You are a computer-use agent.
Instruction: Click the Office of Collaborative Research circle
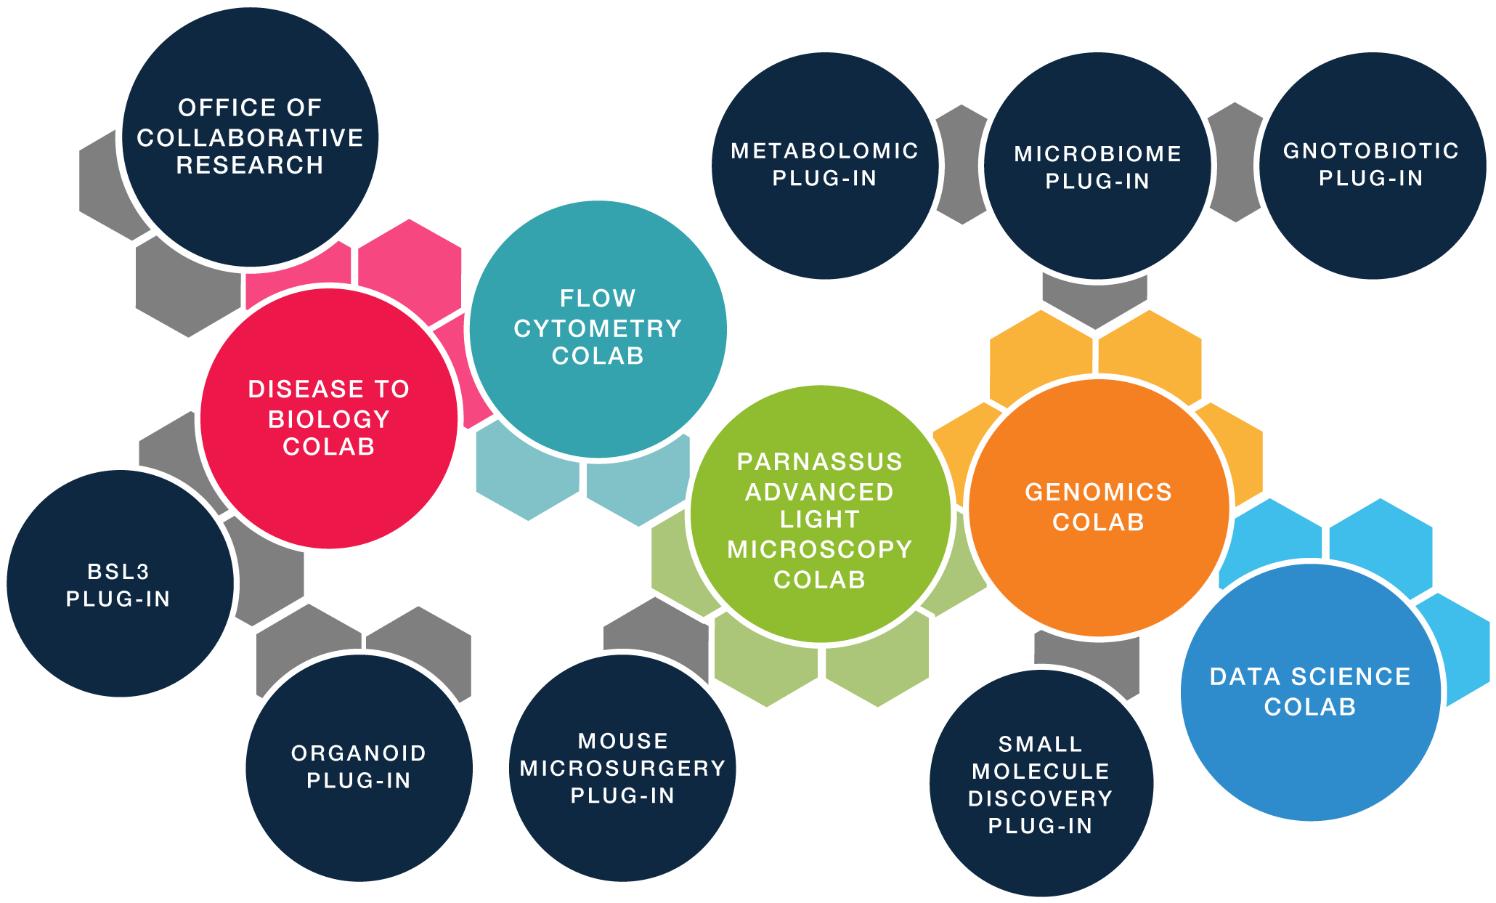tap(250, 137)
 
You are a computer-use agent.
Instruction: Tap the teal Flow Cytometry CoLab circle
tap(598, 328)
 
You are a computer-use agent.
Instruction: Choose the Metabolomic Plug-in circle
tap(824, 165)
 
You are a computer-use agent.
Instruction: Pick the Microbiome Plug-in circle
tap(1097, 166)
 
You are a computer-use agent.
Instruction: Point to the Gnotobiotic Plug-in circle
tap(1371, 165)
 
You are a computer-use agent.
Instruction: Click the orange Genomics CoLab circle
tap(1098, 506)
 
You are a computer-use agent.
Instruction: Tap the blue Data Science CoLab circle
tap(1309, 692)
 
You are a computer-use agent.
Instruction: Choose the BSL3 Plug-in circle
tap(118, 584)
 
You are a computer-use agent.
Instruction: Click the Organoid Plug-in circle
tap(359, 766)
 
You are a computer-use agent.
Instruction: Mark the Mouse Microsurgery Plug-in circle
tap(622, 768)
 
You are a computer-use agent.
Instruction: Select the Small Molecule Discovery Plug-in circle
tap(1040, 785)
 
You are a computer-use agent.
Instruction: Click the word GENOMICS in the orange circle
tap(1098, 492)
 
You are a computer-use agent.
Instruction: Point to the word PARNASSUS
tap(819, 461)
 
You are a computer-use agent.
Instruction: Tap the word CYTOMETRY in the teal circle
tap(598, 328)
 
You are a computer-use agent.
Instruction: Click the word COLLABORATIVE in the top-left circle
tap(250, 137)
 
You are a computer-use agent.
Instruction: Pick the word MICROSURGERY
tap(622, 768)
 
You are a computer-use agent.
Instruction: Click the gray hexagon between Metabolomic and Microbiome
tap(960, 163)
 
